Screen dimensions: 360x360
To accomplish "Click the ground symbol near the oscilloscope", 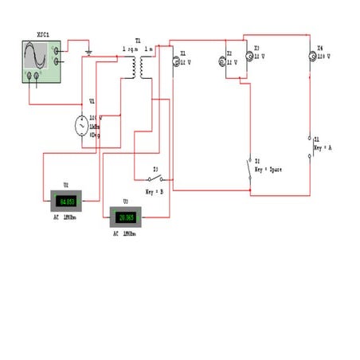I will (x=88, y=52).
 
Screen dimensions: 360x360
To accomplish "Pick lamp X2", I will (x=224, y=61).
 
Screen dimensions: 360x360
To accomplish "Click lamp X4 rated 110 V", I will (x=313, y=56).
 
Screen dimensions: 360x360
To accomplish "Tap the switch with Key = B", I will (x=157, y=178).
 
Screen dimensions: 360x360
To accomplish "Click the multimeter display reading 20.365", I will (x=126, y=217).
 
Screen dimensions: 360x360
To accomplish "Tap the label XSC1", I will (x=44, y=35).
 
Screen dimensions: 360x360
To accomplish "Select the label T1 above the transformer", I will (x=138, y=40).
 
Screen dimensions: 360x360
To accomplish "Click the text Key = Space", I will (x=268, y=170).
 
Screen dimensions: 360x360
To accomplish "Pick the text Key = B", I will (x=155, y=192).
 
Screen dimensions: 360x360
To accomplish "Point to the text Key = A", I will (x=323, y=148).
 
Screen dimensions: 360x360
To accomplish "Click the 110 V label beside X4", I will (x=323, y=57).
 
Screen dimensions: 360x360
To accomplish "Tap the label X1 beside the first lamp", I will (x=183, y=54).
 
